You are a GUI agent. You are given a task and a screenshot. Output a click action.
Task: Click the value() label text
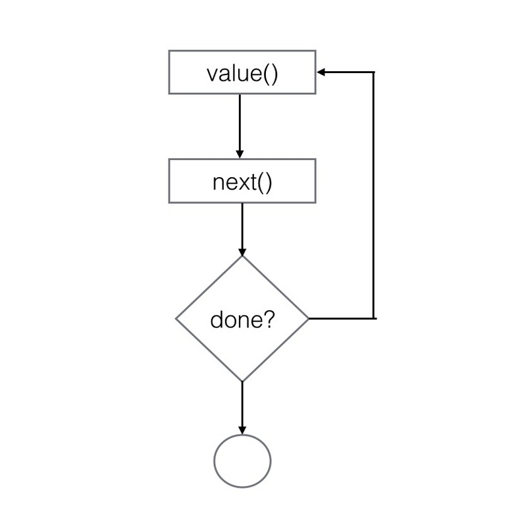[x=242, y=73]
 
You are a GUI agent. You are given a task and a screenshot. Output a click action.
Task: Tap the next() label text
[x=242, y=181]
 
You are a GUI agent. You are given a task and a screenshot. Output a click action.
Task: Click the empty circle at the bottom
[x=243, y=460]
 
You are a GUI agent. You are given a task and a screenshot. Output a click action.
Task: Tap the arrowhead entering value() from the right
[x=321, y=72]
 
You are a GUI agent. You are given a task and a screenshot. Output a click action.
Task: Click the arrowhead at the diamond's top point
[x=242, y=252]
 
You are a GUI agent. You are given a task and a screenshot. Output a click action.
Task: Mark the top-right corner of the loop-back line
[x=374, y=72]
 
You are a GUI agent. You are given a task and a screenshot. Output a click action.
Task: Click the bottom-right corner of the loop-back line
[x=374, y=318]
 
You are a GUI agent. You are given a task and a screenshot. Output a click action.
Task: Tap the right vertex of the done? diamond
[x=307, y=319]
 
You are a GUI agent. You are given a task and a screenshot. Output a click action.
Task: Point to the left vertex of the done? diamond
[x=176, y=319]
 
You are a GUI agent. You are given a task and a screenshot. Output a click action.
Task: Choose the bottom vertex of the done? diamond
[x=242, y=381]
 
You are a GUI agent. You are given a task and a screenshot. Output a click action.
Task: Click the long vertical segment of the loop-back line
[x=374, y=198]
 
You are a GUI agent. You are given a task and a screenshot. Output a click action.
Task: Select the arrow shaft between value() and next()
[x=240, y=122]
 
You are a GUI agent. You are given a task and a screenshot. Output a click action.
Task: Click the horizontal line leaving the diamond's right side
[x=341, y=318]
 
